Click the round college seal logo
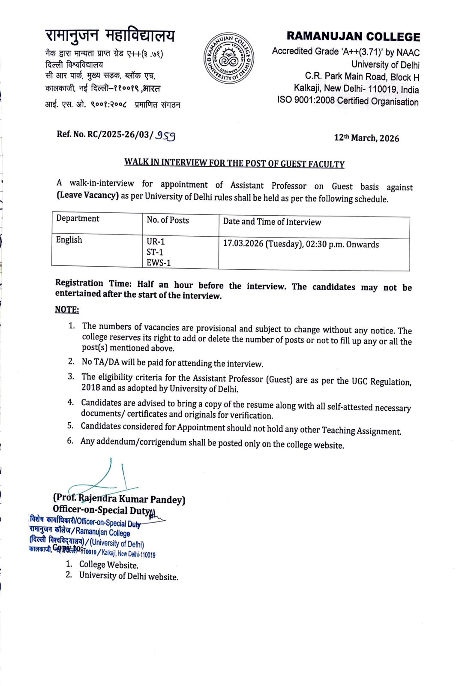228,58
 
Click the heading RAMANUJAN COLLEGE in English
353,36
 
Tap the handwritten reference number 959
165,135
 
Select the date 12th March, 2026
366,138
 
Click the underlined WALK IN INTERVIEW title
234,163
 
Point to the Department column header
78,219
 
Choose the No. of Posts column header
168,220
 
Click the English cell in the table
69,240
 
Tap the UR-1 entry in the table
156,242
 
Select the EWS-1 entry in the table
159,263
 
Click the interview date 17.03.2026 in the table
243,244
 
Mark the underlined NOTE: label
67,310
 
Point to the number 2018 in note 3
90,388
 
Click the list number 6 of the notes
70,441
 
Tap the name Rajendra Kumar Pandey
131,499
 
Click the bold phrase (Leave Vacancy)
87,195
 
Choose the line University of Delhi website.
129,576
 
